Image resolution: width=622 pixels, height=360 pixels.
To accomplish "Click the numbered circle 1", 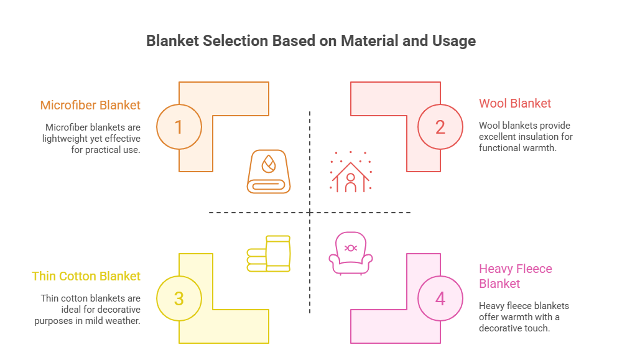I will pos(179,127).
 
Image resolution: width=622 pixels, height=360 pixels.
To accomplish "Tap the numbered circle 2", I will pos(440,127).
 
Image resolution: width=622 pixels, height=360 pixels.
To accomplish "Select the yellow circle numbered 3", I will pos(179,298).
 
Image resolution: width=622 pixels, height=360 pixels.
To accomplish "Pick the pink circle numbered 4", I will pos(440,298).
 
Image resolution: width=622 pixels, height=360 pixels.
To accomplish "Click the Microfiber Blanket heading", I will pos(90,105).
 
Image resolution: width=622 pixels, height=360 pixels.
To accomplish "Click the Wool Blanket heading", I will pos(515,103).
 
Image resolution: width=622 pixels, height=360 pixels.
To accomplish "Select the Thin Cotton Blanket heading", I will pos(86,276).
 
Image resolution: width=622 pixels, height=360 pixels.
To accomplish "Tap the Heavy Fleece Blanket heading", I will pos(516,276).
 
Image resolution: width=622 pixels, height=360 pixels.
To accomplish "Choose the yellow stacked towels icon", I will pos(269,253).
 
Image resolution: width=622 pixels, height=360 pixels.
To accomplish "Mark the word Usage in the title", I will pos(452,41).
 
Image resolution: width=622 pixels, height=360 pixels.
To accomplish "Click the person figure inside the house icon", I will pos(350,181).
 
